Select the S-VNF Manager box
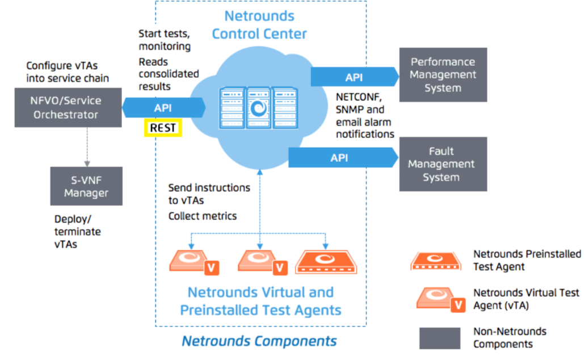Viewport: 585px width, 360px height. coord(86,186)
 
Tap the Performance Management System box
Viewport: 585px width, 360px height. coord(443,75)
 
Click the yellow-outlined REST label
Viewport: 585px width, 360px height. coord(163,128)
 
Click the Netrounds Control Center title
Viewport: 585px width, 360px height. coord(259,24)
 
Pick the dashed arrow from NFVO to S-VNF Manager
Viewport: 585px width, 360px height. coord(86,147)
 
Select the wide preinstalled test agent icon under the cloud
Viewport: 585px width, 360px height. coord(325,262)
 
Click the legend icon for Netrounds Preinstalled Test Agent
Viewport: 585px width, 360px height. coord(436,261)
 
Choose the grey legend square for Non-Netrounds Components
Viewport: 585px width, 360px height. coord(439,337)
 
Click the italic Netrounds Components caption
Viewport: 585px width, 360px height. coord(259,341)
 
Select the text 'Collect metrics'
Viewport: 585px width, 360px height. coord(203,216)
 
